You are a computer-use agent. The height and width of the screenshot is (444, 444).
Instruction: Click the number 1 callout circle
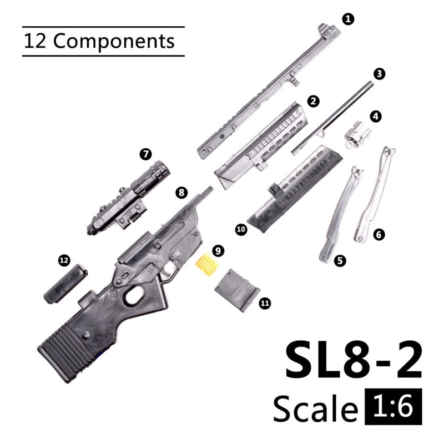pyautogui.click(x=348, y=19)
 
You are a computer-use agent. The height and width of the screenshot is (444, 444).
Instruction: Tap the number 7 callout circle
pyautogui.click(x=145, y=154)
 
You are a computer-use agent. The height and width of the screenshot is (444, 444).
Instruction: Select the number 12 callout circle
pyautogui.click(x=64, y=260)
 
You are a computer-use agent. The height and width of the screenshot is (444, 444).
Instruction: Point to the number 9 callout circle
pyautogui.click(x=218, y=251)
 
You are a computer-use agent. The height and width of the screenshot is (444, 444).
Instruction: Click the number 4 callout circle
pyautogui.click(x=376, y=117)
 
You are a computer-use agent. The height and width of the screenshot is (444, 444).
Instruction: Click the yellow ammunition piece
pyautogui.click(x=208, y=265)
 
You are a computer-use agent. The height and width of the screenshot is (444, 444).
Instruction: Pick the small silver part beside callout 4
pyautogui.click(x=357, y=134)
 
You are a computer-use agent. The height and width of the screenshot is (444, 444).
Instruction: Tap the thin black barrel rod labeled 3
pyautogui.click(x=332, y=118)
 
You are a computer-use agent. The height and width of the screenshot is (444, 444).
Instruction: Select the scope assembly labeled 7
pyautogui.click(x=129, y=198)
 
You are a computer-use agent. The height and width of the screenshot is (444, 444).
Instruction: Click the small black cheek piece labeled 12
pyautogui.click(x=65, y=284)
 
